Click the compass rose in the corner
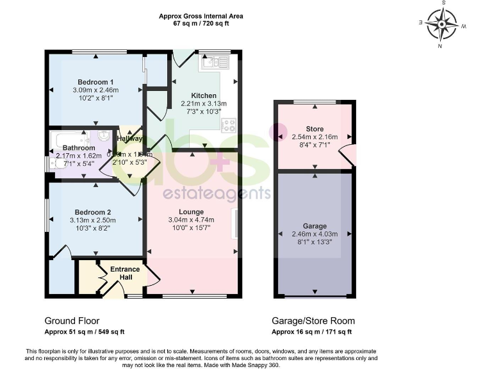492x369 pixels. point(442,26)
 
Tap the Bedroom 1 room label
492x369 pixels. point(95,82)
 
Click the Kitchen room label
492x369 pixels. point(204,95)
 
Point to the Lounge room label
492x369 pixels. point(191,212)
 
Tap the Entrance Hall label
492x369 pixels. point(126,273)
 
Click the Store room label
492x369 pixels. point(315,128)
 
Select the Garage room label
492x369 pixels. point(315,226)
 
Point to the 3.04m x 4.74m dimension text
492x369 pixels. point(191,220)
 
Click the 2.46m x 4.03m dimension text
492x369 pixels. point(315,234)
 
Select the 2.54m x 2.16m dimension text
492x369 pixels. point(315,136)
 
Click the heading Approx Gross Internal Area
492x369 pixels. point(202,16)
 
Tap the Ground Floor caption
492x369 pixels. point(72,321)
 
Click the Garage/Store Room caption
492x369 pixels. point(313,321)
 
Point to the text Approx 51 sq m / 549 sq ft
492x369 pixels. point(85,332)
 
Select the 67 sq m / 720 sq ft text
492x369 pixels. point(202,23)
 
